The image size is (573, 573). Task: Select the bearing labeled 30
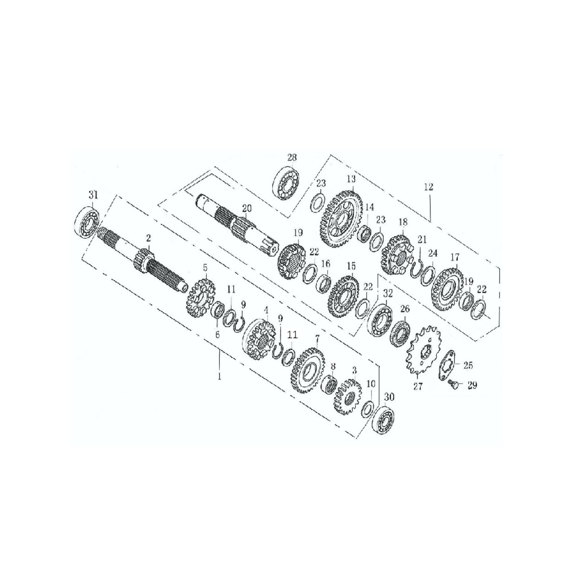tap(384, 422)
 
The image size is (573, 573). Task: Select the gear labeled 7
tap(308, 370)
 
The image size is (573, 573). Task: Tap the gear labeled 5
tap(200, 299)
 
